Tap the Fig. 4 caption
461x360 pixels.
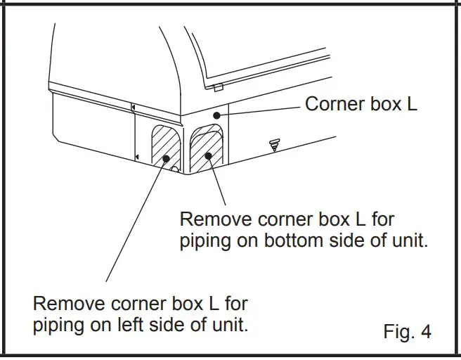coord(407,330)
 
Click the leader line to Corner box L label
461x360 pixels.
coord(260,109)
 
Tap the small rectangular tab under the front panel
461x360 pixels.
coord(218,88)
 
